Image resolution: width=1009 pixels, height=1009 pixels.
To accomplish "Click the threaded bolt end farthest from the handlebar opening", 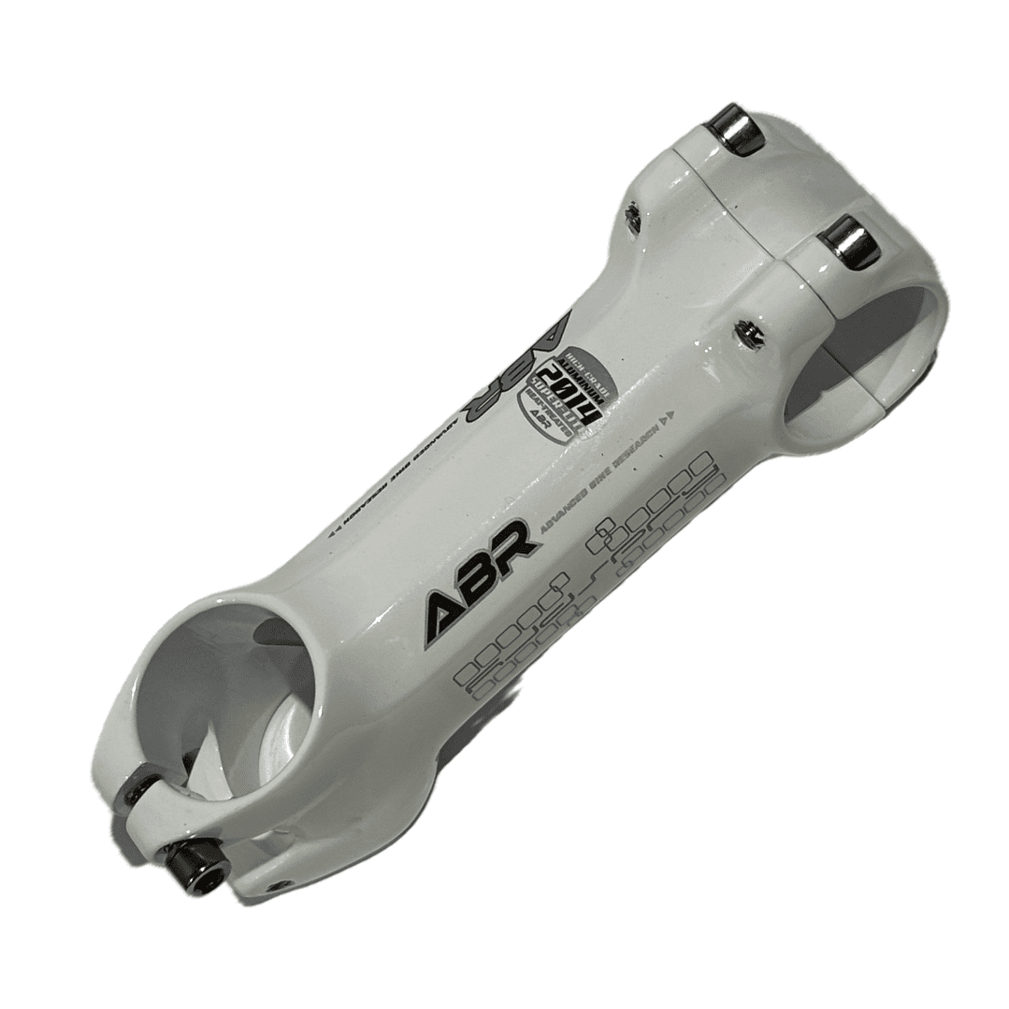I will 634,218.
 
